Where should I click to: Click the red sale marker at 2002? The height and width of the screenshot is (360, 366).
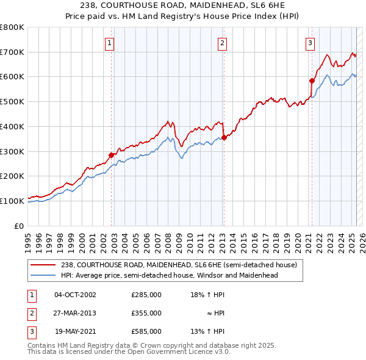112,155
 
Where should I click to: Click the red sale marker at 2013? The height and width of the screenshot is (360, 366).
224,137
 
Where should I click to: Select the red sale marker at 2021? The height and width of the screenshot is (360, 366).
312,81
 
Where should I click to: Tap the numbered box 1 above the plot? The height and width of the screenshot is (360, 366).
109,43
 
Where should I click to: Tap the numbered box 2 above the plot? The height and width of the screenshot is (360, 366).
222,43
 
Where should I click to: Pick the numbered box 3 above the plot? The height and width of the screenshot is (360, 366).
310,43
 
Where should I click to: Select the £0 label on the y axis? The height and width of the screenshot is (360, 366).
20,226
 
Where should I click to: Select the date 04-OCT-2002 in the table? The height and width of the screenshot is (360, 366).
76,294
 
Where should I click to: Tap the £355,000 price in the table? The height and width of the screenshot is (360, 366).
146,313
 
